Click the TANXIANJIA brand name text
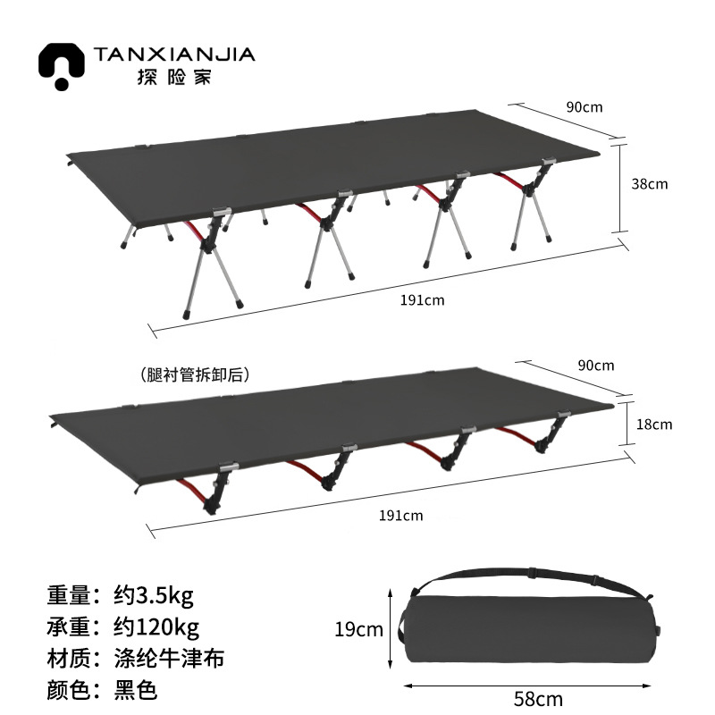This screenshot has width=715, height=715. [x=174, y=55]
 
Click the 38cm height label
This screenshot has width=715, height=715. [x=650, y=184]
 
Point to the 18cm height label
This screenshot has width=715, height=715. [x=654, y=424]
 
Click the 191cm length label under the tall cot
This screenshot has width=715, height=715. [x=422, y=300]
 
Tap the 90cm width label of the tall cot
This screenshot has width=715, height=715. [x=585, y=107]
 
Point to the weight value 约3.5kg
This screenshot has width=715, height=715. [x=156, y=593]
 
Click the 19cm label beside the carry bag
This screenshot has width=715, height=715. [x=358, y=630]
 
